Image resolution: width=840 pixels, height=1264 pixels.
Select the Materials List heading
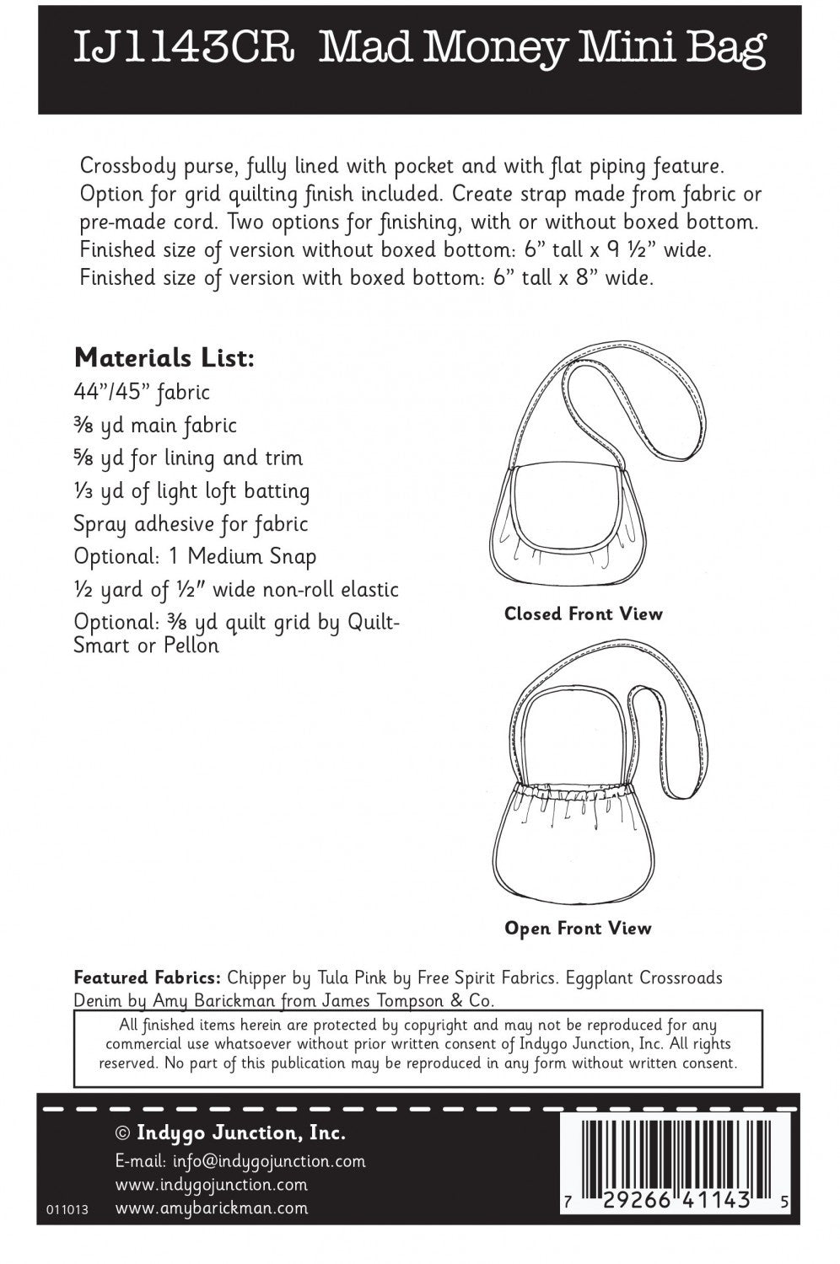(x=164, y=359)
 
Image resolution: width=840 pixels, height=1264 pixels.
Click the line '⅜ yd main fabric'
(x=155, y=426)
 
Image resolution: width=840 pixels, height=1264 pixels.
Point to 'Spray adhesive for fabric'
(x=191, y=524)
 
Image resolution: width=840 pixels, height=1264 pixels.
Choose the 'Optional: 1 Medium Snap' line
(x=195, y=557)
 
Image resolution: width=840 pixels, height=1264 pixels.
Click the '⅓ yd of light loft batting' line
(x=191, y=491)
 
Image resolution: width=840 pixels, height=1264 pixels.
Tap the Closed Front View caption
(x=584, y=613)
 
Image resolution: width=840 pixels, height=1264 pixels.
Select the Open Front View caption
(x=578, y=929)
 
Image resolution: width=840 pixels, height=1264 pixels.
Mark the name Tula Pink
(x=351, y=978)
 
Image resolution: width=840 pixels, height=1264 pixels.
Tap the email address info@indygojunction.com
(x=269, y=1161)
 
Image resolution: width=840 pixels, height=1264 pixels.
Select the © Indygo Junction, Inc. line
(x=229, y=1133)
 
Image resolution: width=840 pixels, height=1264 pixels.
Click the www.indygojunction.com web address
(x=211, y=1185)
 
